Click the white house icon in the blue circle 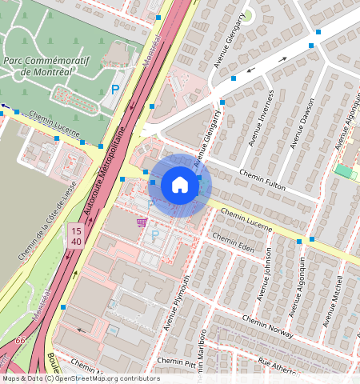pyautogui.click(x=180, y=186)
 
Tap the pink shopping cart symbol pyautogui.click(x=142, y=222)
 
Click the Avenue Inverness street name pyautogui.click(x=261, y=118)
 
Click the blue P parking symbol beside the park pyautogui.click(x=115, y=90)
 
